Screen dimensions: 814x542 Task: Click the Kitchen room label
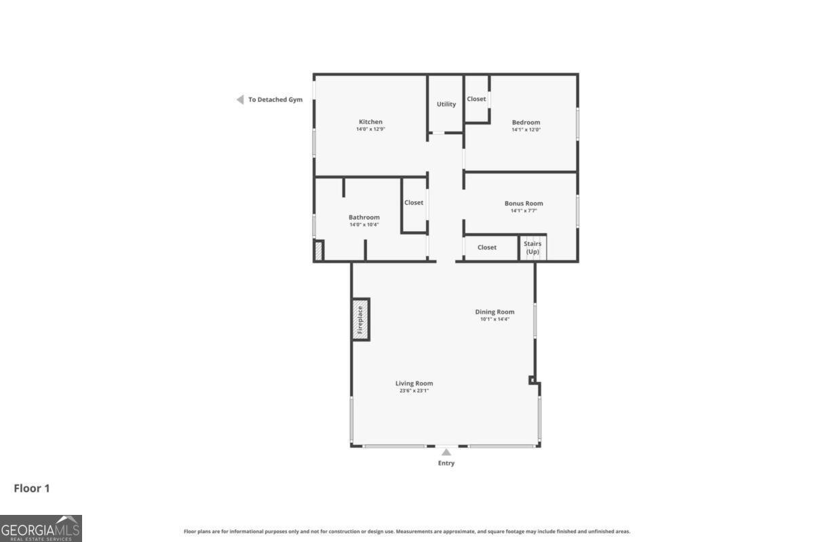click(370, 122)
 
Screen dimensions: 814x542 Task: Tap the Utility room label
click(446, 104)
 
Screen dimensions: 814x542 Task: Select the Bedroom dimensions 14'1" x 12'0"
click(526, 129)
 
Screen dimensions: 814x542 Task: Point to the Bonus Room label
click(524, 203)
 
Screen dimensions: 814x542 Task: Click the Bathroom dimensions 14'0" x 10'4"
click(364, 225)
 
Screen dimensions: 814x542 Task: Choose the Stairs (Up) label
click(532, 247)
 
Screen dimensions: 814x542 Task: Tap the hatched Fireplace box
click(360, 320)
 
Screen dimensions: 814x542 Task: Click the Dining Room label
click(495, 312)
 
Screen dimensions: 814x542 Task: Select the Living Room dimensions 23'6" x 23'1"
click(414, 391)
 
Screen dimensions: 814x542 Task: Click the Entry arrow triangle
click(446, 453)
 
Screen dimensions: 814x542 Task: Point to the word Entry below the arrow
click(446, 463)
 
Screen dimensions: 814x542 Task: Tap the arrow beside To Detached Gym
click(240, 100)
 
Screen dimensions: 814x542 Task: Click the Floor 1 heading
click(32, 488)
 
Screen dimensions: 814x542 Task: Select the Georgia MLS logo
click(41, 528)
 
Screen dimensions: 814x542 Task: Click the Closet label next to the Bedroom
click(476, 99)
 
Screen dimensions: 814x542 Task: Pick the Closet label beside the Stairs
click(486, 247)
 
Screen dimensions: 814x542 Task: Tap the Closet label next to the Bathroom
click(414, 203)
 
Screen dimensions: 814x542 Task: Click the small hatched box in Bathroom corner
click(319, 250)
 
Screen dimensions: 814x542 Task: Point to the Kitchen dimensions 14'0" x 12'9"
click(370, 129)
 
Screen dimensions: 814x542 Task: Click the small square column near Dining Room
click(532, 380)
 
